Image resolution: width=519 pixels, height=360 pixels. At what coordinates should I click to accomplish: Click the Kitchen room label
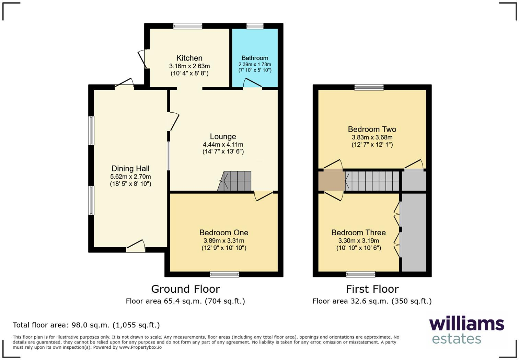click(x=189, y=58)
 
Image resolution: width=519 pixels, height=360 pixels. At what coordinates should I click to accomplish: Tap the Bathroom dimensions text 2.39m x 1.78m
click(x=255, y=64)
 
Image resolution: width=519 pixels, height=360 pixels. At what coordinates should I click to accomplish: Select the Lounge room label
click(x=223, y=137)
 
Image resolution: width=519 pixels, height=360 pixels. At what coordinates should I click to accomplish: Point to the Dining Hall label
click(x=130, y=169)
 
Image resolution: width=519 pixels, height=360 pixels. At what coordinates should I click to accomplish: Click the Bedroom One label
click(x=224, y=233)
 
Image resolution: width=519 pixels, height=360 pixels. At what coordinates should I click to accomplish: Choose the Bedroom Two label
click(x=372, y=130)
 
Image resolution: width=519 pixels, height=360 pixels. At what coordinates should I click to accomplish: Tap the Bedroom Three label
click(x=358, y=233)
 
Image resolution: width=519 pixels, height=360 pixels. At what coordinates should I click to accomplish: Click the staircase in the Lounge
click(x=235, y=181)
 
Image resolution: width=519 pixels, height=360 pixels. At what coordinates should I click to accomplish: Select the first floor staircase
click(x=372, y=181)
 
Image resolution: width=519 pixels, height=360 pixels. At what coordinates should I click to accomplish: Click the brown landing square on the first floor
click(x=331, y=181)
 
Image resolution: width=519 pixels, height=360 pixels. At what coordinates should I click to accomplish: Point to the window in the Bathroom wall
click(x=255, y=26)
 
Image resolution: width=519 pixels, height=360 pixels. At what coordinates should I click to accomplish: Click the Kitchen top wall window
click(x=188, y=26)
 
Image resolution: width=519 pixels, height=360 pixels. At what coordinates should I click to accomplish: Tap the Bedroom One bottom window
click(x=224, y=274)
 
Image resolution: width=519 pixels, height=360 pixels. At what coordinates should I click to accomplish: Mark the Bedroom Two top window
click(x=369, y=87)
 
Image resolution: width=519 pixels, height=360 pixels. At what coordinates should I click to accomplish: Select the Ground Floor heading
click(x=185, y=289)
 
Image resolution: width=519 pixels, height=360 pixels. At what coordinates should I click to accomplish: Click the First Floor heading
click(x=372, y=289)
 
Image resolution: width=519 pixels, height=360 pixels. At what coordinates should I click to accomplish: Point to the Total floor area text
click(x=86, y=325)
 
